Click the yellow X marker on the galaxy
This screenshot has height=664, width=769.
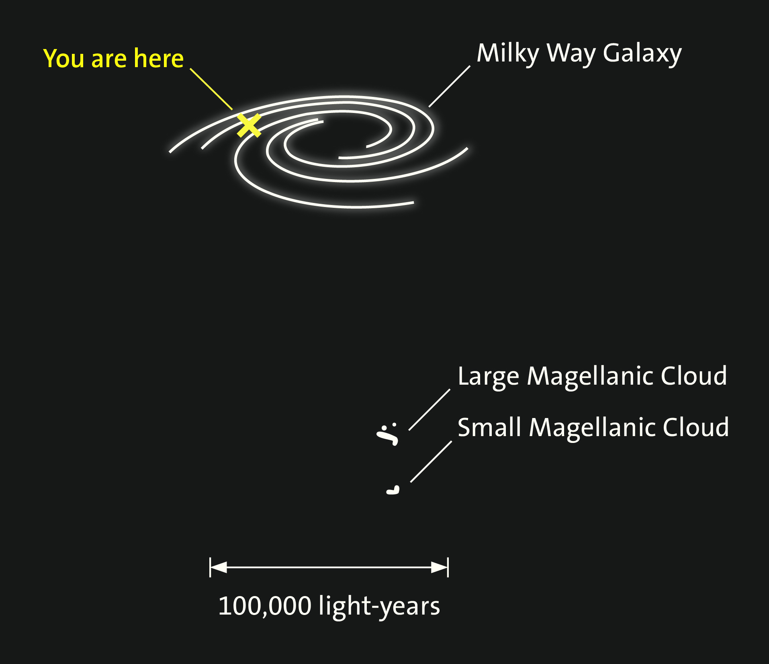(x=249, y=125)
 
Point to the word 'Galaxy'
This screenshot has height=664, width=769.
(x=642, y=54)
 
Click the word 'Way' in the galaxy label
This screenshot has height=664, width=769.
(x=571, y=54)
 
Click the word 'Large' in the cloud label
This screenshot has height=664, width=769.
(x=488, y=377)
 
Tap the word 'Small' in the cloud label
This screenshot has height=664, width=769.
(x=489, y=427)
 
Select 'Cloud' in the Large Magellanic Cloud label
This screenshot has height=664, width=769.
(x=694, y=376)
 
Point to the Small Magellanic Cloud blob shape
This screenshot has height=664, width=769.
(x=393, y=490)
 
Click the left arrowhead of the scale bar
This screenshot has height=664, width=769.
(x=219, y=567)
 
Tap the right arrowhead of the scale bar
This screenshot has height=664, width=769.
(x=440, y=567)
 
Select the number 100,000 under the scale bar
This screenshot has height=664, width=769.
(x=265, y=606)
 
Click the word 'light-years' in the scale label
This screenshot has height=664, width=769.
(x=379, y=607)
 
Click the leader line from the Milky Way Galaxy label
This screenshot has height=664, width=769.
(x=450, y=86)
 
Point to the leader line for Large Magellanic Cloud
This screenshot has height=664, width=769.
(x=429, y=410)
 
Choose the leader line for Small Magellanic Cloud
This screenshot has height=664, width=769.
(x=431, y=461)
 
